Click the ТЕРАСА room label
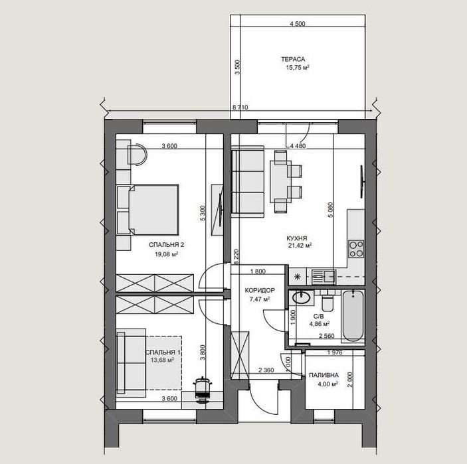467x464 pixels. (x=293, y=59)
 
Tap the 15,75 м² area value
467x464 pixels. (x=298, y=68)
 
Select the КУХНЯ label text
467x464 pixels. (x=297, y=238)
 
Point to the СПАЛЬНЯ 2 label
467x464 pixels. (x=166, y=245)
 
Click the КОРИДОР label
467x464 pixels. (x=260, y=290)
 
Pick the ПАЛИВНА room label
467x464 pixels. (x=324, y=375)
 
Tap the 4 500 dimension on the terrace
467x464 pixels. (x=298, y=24)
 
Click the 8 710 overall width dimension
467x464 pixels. (x=240, y=108)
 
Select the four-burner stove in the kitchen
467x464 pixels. (x=356, y=249)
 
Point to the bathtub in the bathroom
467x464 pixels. (x=353, y=316)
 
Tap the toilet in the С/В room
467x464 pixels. (x=328, y=301)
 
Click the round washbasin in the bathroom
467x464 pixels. (x=301, y=297)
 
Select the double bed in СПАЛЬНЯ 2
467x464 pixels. (x=147, y=210)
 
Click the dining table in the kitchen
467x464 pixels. (x=280, y=182)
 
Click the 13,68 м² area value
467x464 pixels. (x=162, y=360)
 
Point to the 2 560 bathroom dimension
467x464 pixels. (x=327, y=336)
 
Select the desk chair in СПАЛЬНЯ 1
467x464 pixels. (x=203, y=390)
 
